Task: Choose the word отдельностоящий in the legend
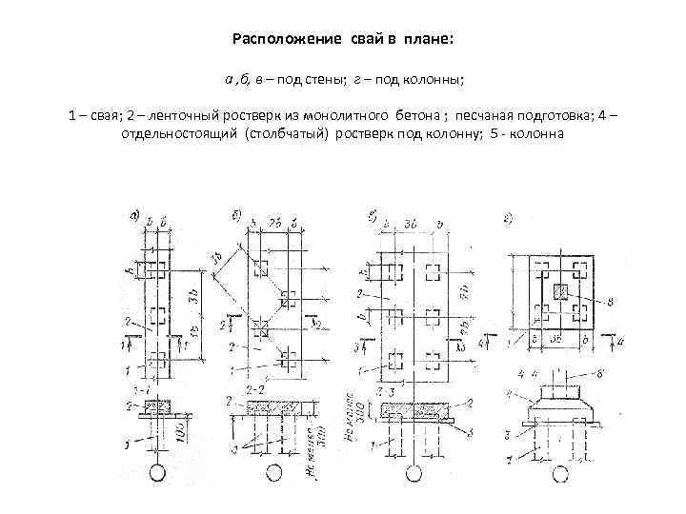pyautogui.click(x=179, y=133)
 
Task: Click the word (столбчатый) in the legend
pyautogui.click(x=287, y=133)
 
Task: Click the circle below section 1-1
pyautogui.click(x=154, y=470)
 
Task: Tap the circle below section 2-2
pyautogui.click(x=274, y=470)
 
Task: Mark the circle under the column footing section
pyautogui.click(x=555, y=470)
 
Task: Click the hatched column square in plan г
pyautogui.click(x=561, y=290)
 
